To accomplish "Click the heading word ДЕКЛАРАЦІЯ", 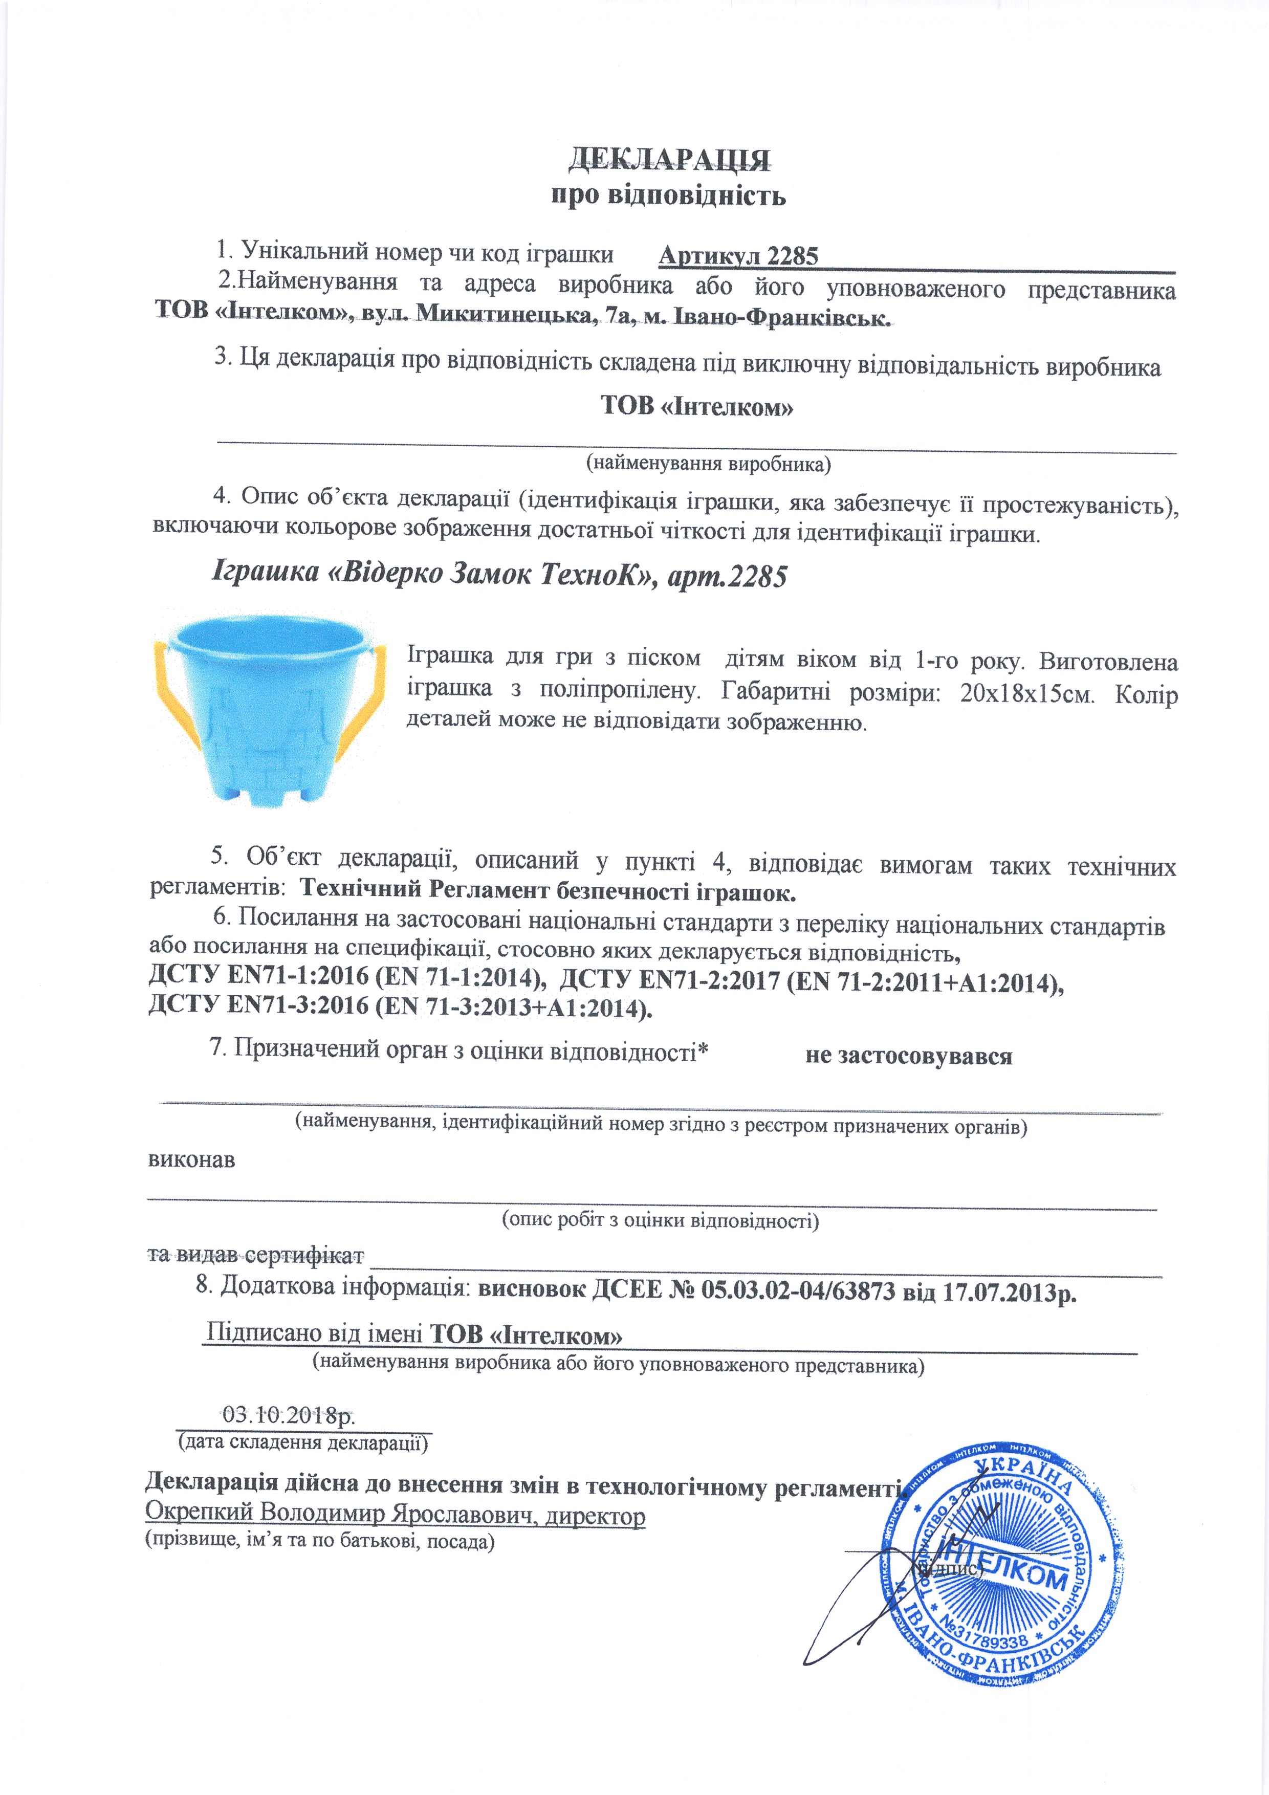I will [668, 159].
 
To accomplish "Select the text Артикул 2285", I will [738, 256].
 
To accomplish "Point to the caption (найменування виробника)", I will [708, 464].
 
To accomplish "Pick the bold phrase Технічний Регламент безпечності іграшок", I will [548, 890].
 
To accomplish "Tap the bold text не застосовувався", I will [909, 1056].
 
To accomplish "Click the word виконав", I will [191, 1159].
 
